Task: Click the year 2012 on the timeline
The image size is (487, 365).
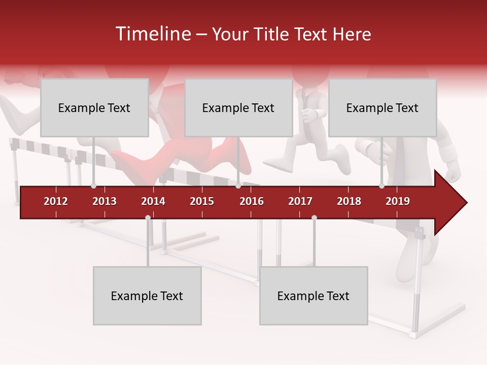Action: coord(56,201)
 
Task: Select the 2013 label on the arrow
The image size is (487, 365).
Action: coord(105,201)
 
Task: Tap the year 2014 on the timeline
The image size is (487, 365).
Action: coord(153,201)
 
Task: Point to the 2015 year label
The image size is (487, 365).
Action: coord(202,201)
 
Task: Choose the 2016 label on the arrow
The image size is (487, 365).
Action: coord(252,201)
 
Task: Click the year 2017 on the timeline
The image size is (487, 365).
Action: coord(300,201)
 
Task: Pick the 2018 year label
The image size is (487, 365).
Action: coord(349,201)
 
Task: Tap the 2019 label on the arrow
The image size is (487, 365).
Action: coord(398,201)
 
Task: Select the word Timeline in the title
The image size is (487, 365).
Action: coord(153,34)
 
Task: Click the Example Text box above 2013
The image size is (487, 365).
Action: coord(94,107)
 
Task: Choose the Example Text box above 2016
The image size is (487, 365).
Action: coord(238,107)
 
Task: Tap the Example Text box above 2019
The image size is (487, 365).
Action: coord(382,107)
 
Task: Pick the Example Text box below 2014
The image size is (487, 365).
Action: coord(147,296)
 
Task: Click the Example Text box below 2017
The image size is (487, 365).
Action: coord(314,296)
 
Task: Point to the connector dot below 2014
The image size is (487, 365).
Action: coord(148,217)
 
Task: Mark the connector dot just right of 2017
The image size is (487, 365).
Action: coord(314,217)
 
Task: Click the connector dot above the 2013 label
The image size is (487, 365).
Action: coord(93,186)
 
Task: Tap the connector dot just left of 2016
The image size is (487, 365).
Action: coord(238,186)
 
